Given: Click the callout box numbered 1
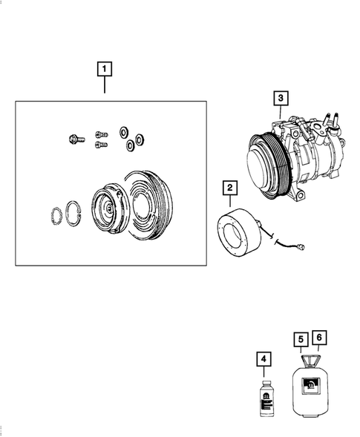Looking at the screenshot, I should coord(105,70).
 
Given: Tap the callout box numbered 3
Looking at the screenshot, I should coord(280,97).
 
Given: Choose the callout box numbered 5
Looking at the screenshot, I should coord(300,340).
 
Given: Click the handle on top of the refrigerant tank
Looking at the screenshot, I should coord(309,362).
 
